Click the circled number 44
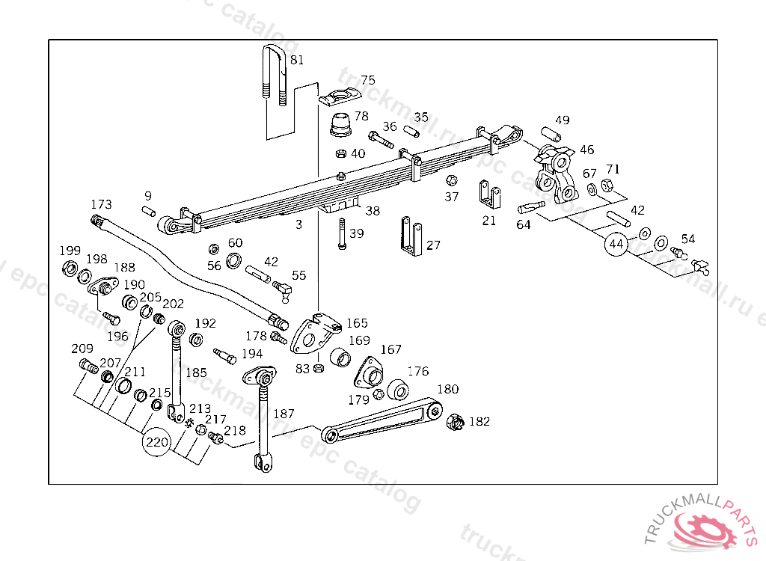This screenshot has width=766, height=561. pos(616,244)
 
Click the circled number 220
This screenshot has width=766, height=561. pos(157,441)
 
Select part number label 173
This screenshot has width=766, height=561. pos(101,204)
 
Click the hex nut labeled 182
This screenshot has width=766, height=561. pos(453,423)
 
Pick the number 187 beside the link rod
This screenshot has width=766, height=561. pos(284,413)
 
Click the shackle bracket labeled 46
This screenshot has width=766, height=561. pos(557,174)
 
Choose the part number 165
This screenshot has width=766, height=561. pos(357,323)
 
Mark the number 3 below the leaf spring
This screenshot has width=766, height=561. pos(298,224)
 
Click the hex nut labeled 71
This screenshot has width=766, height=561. pos(607,186)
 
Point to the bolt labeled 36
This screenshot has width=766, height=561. pos(381,140)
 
